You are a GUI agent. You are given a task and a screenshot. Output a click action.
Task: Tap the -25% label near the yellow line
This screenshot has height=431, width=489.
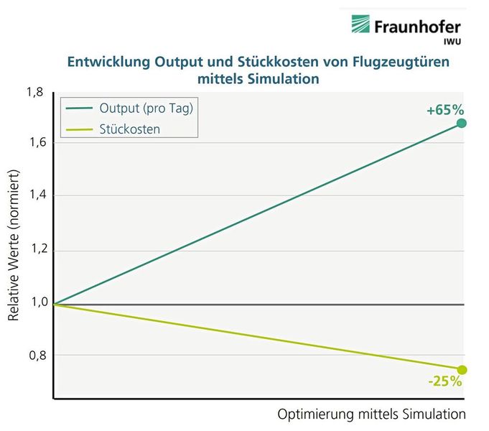(x=444, y=381)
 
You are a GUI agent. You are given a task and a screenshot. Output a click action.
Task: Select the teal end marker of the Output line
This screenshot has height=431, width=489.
(x=462, y=124)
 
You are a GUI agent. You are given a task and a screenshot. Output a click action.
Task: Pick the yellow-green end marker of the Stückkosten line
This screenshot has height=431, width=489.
(x=462, y=370)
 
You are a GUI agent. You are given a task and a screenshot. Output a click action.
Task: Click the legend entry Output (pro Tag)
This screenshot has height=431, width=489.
(x=147, y=108)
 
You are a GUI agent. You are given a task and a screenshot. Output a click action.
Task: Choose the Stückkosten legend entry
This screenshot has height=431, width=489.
(x=130, y=129)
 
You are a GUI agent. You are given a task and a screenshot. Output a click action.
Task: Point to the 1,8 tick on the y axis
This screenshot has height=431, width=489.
(x=35, y=92)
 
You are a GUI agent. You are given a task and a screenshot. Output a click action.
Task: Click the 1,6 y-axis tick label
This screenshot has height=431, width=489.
(x=35, y=143)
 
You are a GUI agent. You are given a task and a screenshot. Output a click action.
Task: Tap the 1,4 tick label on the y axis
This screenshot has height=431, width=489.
(x=35, y=195)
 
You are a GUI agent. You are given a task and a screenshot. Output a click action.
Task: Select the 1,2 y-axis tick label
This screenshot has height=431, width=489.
(x=35, y=251)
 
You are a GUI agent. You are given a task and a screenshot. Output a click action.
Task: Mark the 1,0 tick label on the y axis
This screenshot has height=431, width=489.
(x=35, y=302)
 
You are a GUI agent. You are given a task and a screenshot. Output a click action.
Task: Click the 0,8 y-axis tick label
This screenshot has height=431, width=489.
(x=35, y=356)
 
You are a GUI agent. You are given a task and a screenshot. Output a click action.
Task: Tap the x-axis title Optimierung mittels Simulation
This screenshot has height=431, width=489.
(x=371, y=414)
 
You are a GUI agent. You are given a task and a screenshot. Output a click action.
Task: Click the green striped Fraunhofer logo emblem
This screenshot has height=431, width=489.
(x=360, y=24)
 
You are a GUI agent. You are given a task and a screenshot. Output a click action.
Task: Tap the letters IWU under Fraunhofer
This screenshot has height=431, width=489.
(x=452, y=42)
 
